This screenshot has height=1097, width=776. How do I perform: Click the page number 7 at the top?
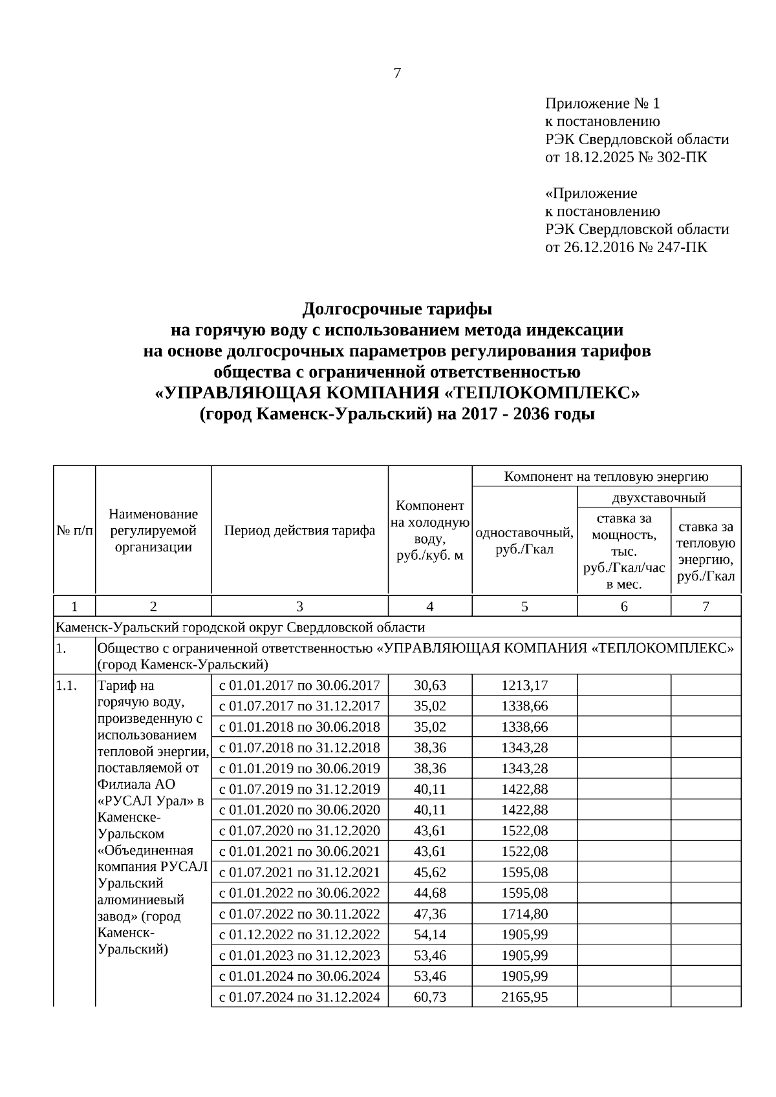[397, 74]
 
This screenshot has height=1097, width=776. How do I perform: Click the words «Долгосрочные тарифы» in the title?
[397, 308]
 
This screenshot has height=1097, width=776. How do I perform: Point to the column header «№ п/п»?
[74, 531]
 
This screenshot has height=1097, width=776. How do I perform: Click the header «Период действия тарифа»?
[299, 531]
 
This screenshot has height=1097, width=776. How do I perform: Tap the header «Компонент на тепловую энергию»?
[606, 476]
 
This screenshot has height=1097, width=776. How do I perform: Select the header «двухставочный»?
[658, 497]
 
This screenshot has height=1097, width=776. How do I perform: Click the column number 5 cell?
[524, 606]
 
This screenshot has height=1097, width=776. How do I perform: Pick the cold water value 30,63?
[430, 685]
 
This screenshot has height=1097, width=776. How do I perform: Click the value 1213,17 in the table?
[524, 685]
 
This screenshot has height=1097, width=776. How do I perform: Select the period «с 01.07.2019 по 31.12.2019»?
[299, 789]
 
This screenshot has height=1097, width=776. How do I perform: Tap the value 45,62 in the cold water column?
[430, 872]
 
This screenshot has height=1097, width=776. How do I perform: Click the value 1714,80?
[524, 913]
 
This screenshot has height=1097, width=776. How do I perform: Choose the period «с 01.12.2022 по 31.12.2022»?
[299, 934]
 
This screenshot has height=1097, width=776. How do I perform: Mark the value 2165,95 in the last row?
[524, 997]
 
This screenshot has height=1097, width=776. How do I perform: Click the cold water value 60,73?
[430, 997]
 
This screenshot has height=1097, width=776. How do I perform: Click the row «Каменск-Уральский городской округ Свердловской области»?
[241, 627]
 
